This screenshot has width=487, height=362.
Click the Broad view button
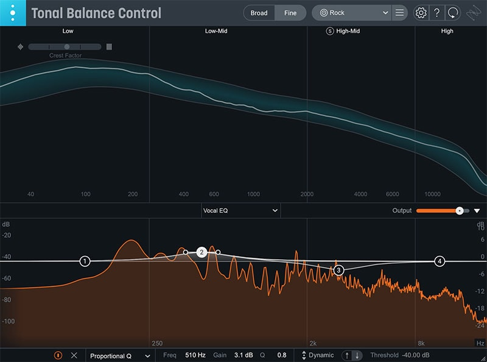tap(259, 13)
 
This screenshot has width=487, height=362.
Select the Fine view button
tap(290, 13)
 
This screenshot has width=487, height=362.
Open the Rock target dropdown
tap(351, 13)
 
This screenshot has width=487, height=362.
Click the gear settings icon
tap(420, 13)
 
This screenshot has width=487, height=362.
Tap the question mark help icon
tap(436, 13)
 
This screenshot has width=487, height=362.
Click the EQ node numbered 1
tap(85, 261)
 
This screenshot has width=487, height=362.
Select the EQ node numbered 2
tap(201, 252)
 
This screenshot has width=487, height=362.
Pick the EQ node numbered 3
tap(338, 270)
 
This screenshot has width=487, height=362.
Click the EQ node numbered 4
tap(440, 261)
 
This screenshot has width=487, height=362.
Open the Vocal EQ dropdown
tap(240, 211)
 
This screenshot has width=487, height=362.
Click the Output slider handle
tap(460, 211)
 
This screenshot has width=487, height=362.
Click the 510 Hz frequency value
tap(195, 355)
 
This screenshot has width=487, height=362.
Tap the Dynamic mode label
tap(321, 355)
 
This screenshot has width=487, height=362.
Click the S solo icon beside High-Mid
tap(330, 31)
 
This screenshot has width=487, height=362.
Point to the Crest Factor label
tap(65, 56)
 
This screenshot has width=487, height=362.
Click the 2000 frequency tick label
tap(307, 194)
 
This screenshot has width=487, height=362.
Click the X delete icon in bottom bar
tap(74, 355)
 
